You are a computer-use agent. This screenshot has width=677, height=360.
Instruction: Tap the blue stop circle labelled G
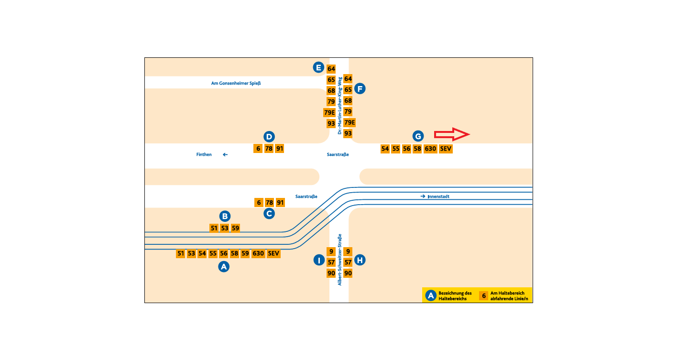coord(418,136)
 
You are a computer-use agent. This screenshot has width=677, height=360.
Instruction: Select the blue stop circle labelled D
coord(269,136)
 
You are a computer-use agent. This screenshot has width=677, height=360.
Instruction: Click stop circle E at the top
coord(318,67)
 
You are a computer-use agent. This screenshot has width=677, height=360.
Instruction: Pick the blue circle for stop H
coord(360,260)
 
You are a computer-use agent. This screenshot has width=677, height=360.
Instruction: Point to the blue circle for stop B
coord(225,216)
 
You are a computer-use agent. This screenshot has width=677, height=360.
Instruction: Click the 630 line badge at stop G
coord(430,149)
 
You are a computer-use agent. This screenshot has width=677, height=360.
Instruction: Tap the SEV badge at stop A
coord(273,253)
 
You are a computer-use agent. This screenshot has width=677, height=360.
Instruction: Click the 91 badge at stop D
coord(280,149)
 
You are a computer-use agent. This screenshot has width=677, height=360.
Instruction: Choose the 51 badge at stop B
coord(214,228)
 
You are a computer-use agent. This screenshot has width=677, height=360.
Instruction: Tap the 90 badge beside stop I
coord(331,273)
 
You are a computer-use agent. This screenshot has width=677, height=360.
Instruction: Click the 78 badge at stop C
coord(270,203)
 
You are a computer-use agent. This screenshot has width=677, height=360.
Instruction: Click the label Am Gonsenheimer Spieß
coord(236,83)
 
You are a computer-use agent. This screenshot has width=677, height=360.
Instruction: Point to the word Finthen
coord(204,154)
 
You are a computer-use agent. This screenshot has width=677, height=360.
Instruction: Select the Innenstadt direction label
coord(438,196)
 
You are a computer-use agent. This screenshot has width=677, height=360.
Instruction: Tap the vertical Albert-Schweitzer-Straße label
coord(339,260)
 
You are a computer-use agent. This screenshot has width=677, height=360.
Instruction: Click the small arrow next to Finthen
coord(225,154)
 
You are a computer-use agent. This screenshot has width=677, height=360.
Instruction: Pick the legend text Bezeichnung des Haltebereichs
coord(455,296)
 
